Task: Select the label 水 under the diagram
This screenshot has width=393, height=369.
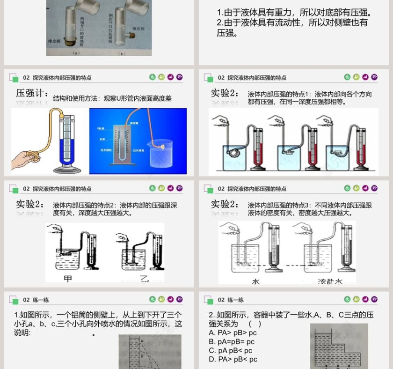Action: coord(255,281)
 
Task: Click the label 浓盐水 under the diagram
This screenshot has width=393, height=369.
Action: coord(330,281)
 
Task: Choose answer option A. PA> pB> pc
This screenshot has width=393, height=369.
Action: coord(233,332)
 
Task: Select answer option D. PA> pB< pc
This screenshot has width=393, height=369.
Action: coord(233,359)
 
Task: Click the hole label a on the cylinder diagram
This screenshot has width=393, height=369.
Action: coord(142,341)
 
